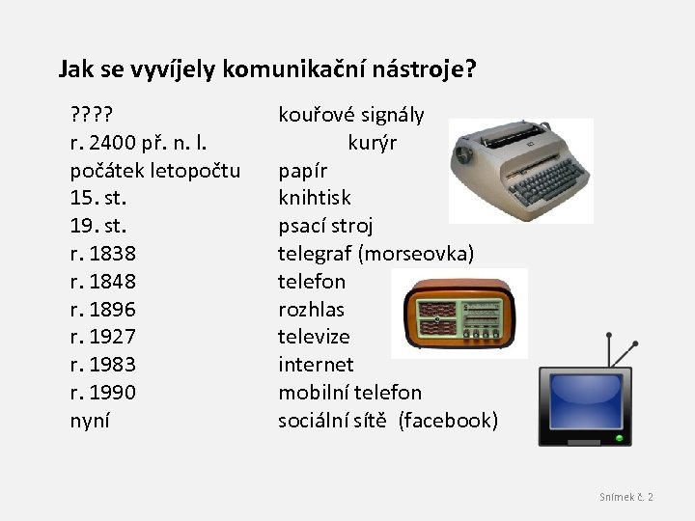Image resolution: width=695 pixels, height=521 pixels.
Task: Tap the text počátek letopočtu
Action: click(x=155, y=172)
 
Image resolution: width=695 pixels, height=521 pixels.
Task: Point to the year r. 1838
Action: click(x=102, y=254)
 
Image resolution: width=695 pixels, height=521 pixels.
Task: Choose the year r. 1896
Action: click(x=102, y=310)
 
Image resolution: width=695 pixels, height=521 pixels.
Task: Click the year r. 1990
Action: click(x=102, y=393)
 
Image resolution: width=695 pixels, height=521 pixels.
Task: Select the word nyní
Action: click(x=90, y=421)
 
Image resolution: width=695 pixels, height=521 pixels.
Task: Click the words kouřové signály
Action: click(x=350, y=116)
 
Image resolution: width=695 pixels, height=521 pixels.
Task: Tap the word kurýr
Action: click(x=372, y=144)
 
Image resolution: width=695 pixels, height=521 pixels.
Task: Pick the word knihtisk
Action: click(x=315, y=199)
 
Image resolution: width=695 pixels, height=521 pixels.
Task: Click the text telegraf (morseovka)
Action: click(x=375, y=254)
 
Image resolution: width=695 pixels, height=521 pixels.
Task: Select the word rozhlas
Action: click(x=311, y=310)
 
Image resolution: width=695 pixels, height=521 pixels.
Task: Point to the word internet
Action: click(x=316, y=365)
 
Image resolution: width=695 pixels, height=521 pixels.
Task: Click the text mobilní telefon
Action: click(x=349, y=393)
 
